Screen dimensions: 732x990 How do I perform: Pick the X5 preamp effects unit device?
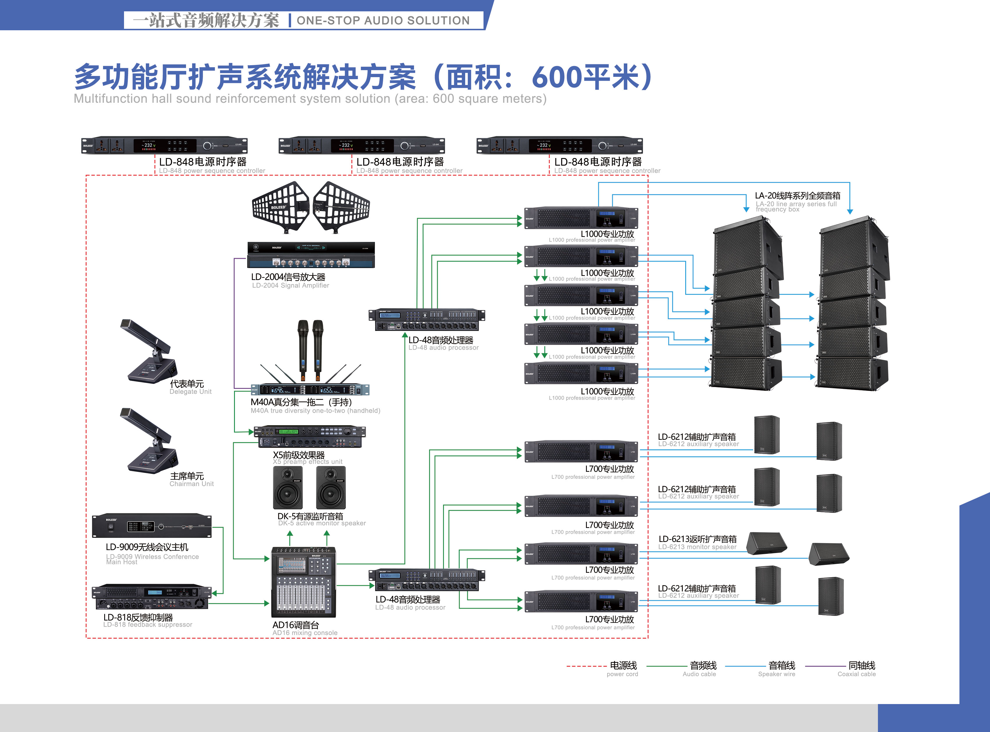309,437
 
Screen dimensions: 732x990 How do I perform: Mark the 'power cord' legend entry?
623,668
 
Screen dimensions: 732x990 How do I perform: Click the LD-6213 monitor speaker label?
697,542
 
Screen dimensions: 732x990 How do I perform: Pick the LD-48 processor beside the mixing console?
427,580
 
